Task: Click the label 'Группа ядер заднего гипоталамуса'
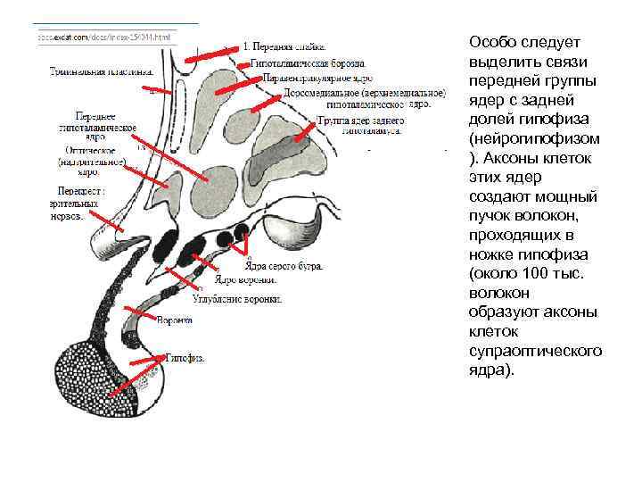click(x=360, y=125)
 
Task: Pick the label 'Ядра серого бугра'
click(x=284, y=265)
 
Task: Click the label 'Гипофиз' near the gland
click(x=185, y=357)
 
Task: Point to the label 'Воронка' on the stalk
click(x=174, y=320)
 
